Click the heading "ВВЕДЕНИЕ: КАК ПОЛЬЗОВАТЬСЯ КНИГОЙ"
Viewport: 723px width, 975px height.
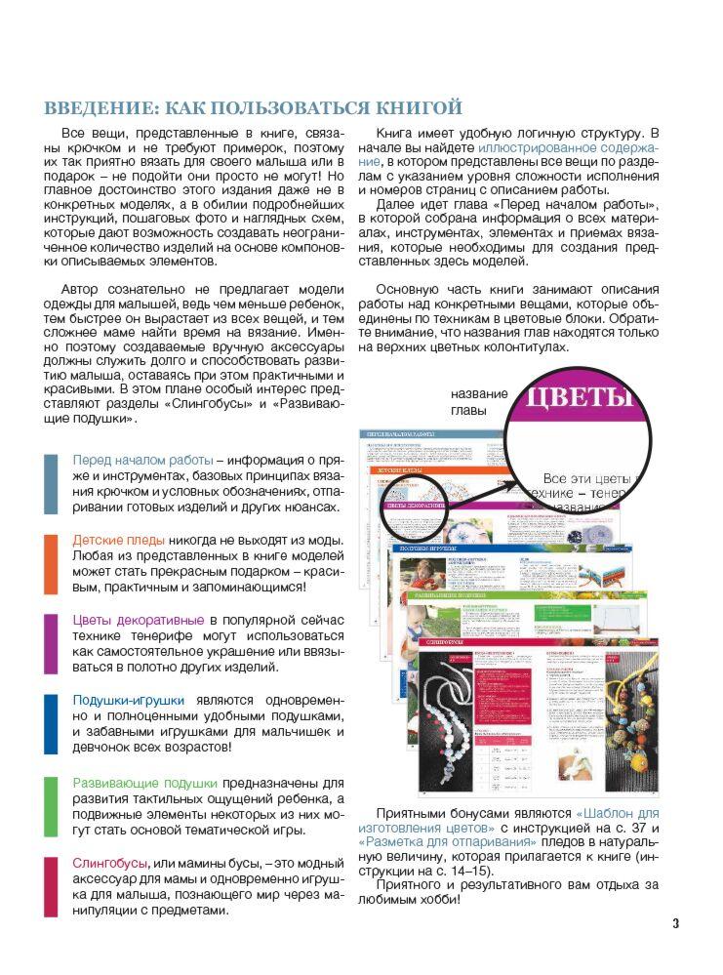coord(253,107)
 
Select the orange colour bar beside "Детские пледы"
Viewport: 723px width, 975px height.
coord(51,564)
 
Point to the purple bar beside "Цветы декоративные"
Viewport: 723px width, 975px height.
coord(51,644)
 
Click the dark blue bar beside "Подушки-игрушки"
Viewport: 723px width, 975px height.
coord(51,724)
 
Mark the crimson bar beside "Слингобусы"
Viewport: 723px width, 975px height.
coord(51,886)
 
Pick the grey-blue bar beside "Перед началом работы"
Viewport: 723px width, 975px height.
coord(51,484)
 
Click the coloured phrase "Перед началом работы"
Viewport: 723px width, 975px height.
coord(142,460)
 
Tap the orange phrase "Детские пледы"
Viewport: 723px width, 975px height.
coord(118,540)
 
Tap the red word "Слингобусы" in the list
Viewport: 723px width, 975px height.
coord(109,863)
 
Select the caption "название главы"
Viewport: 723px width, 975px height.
coord(479,402)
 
